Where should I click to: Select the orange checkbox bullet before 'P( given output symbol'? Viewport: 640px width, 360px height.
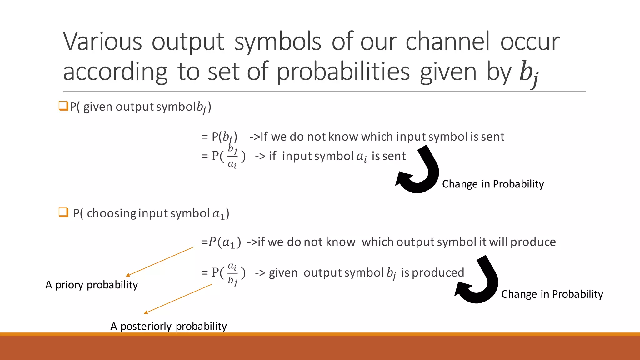pos(63,106)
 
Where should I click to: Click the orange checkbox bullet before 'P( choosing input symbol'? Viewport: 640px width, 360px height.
pos(63,212)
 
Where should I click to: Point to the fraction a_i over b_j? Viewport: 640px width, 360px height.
pos(232,273)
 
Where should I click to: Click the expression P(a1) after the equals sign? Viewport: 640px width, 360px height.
pos(225,242)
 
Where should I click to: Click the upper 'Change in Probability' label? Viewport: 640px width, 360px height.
pos(493,184)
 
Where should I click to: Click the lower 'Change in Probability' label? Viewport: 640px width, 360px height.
pos(552,294)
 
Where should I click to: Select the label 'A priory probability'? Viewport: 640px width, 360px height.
pos(92,285)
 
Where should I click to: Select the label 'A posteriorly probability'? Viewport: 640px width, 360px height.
pos(168,326)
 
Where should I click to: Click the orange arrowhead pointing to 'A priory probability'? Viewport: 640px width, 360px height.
pos(128,275)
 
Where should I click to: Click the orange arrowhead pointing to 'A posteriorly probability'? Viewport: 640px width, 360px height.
pos(146,312)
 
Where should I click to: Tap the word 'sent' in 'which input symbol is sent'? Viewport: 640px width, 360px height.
pos(492,137)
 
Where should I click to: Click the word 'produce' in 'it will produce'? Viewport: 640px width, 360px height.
pos(533,242)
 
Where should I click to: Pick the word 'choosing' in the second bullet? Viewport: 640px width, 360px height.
pos(111,213)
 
